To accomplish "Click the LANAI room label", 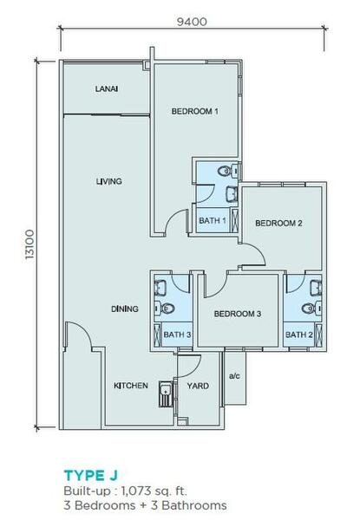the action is coord(107,89).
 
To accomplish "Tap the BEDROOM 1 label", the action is coord(195,112).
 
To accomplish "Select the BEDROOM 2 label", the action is coord(278,224).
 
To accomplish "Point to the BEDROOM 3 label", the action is coord(238,314).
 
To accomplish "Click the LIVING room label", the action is coord(108,181).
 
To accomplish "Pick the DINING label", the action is coord(124,309).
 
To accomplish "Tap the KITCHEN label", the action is coord(131,386).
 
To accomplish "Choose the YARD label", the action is coord(198,386).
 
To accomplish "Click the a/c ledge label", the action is coord(234,376).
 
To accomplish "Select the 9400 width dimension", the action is coord(192,22).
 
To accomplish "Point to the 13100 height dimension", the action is coord(29,244).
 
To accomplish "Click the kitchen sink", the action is coord(165,394).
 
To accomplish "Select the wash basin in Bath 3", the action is coord(160,288).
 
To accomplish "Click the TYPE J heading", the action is coord(91,476).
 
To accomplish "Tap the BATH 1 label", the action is coord(213,220).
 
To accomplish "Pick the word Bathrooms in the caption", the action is coord(194,505).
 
